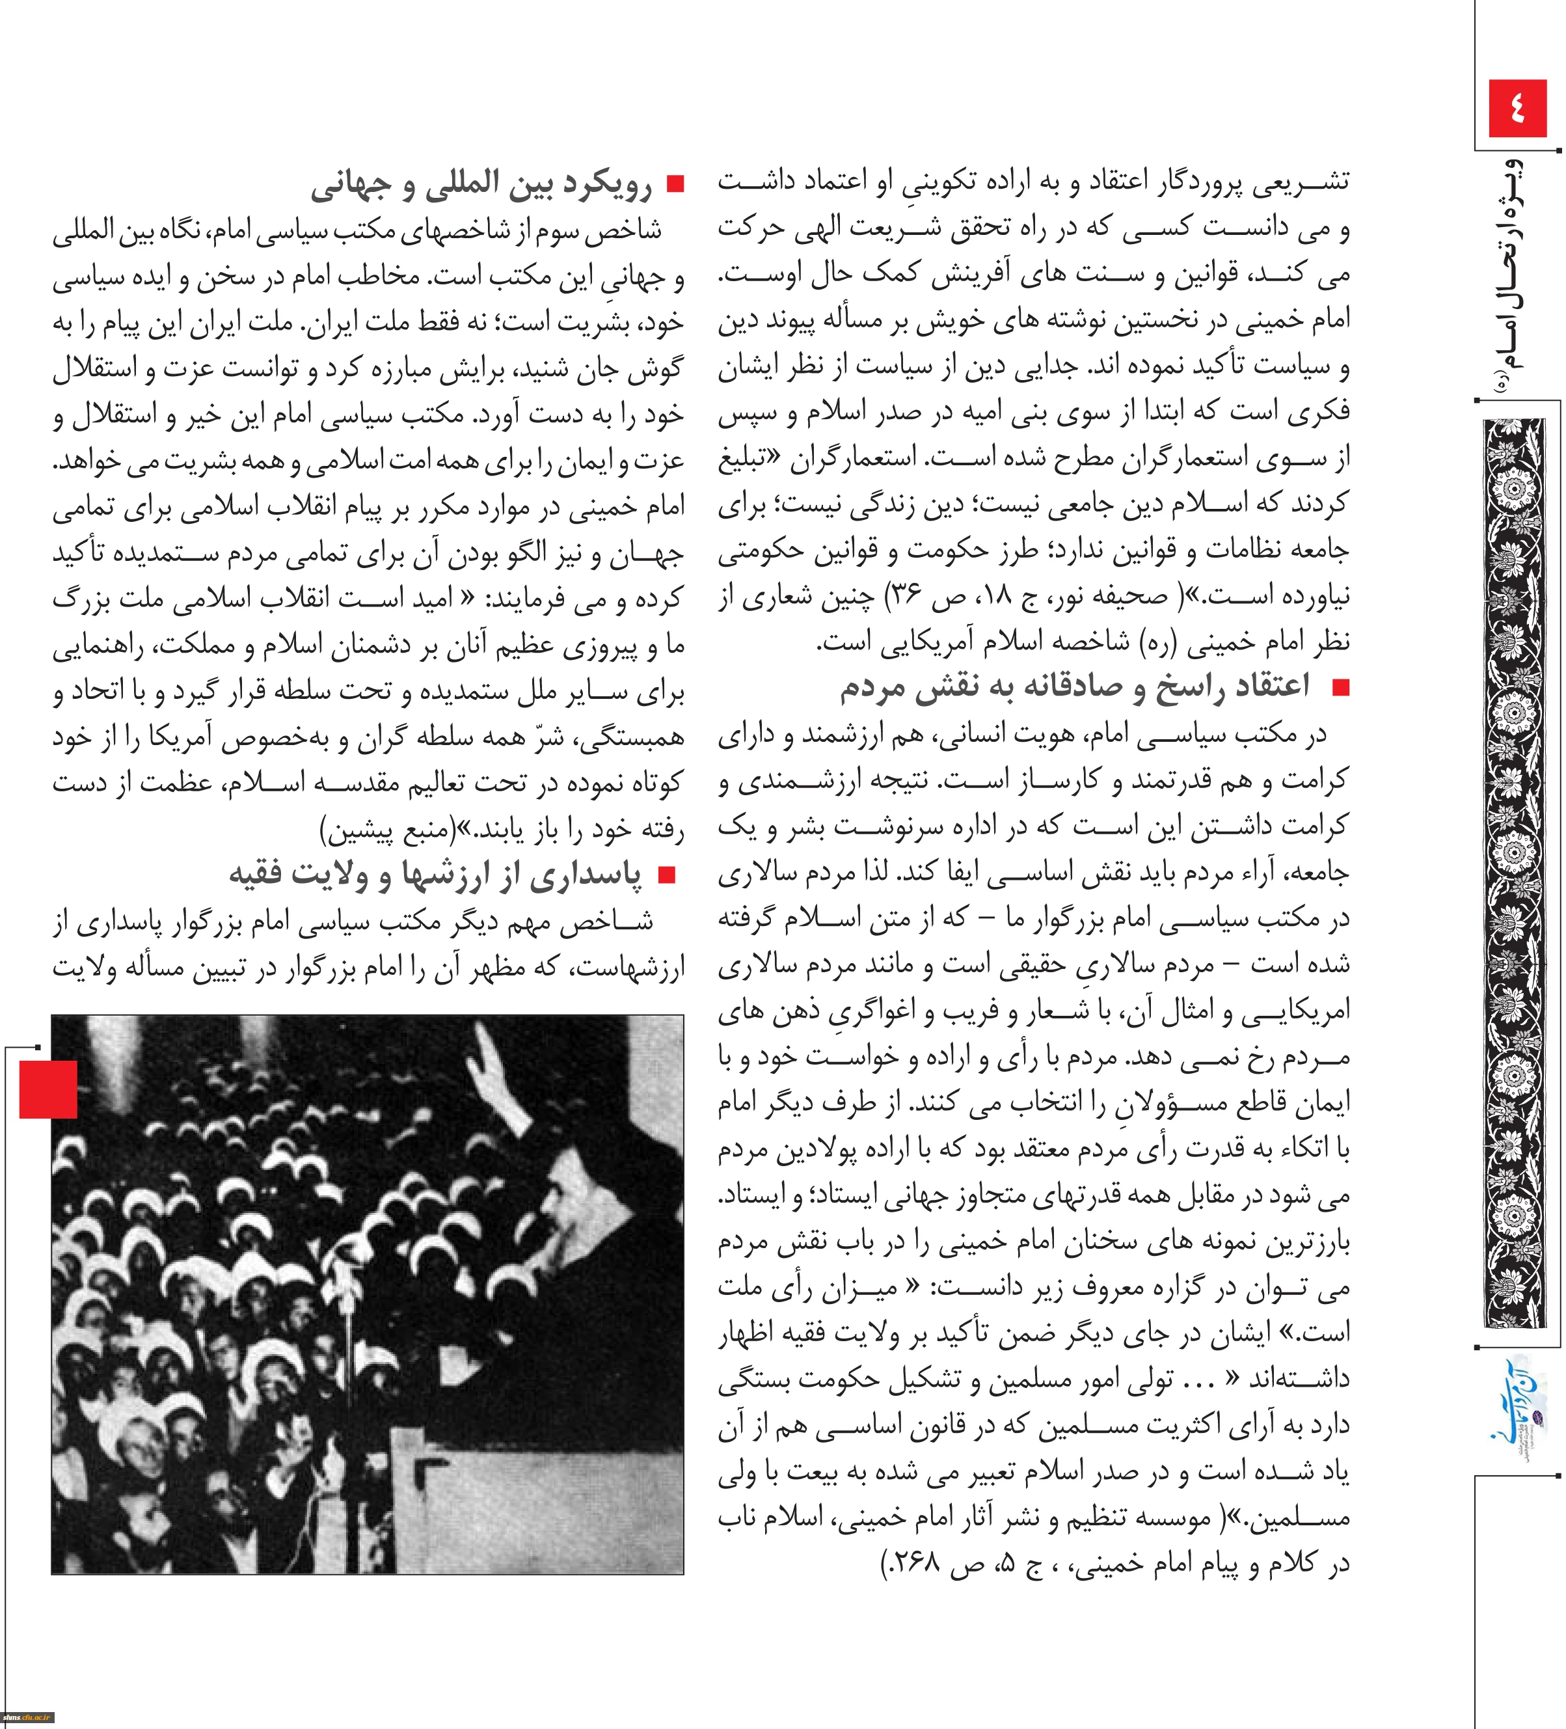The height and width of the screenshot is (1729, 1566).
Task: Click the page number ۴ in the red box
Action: click(x=1517, y=109)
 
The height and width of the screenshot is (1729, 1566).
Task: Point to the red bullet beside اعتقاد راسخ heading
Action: click(x=1339, y=688)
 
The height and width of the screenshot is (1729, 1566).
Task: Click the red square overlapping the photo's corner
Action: click(x=48, y=1089)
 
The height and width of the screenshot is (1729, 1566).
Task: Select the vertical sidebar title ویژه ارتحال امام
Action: click(x=1517, y=275)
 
